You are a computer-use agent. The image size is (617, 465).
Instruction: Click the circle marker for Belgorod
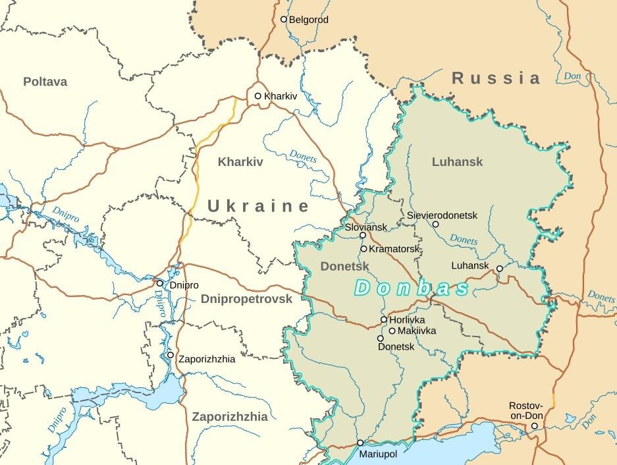click(x=284, y=20)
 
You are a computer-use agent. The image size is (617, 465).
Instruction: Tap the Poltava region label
click(x=45, y=82)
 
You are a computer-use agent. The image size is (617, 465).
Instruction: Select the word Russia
click(x=496, y=78)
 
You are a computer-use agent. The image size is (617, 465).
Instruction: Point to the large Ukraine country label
click(x=258, y=206)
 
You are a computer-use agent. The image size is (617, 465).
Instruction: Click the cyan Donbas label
click(x=412, y=288)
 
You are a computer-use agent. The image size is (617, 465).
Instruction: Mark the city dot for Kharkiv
click(x=258, y=96)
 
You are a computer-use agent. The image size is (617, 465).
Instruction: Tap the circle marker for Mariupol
click(x=360, y=443)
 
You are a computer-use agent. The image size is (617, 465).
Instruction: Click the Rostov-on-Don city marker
click(x=534, y=426)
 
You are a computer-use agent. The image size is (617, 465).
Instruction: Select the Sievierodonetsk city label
click(x=442, y=215)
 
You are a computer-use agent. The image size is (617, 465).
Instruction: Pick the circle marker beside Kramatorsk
click(x=363, y=249)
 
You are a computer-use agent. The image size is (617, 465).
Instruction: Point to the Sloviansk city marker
click(x=363, y=235)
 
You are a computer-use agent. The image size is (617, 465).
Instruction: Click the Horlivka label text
click(x=407, y=319)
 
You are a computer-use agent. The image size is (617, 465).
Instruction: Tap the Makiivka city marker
click(x=392, y=331)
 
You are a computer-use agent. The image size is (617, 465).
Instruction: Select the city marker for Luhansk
click(x=499, y=269)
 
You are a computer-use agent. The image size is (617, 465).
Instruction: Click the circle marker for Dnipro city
click(x=159, y=283)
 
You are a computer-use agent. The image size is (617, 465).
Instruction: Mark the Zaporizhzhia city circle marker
click(x=171, y=355)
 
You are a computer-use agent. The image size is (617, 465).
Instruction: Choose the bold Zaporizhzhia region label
click(x=230, y=416)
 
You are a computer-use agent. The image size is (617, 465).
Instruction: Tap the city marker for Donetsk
click(x=381, y=339)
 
